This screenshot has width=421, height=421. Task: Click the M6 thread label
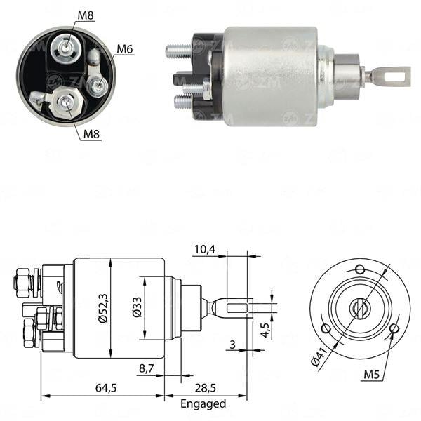coord(125,48)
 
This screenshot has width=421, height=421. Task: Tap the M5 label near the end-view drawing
coord(373,375)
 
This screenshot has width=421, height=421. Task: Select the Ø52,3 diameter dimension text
coord(104,308)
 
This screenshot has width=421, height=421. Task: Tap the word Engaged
coord(203,403)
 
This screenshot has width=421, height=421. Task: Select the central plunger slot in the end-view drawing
coord(359,307)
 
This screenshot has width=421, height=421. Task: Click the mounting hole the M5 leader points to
coord(394,328)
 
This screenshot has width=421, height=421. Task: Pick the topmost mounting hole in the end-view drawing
coord(360,269)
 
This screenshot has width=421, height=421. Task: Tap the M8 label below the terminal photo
coord(91,134)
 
